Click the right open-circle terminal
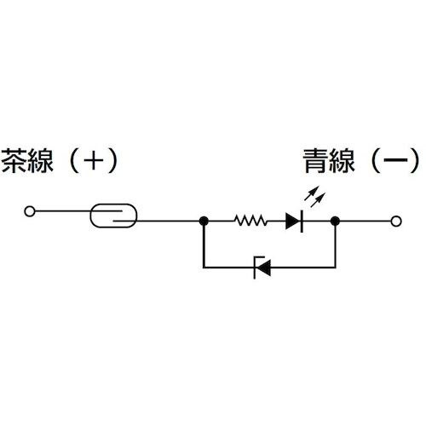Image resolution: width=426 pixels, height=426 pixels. point(395,222)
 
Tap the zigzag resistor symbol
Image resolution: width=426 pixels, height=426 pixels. point(251,222)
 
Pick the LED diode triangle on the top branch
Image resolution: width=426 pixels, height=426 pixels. point(294,222)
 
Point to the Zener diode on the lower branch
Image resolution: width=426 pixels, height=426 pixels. point(262,268)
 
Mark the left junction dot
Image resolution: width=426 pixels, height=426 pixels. point(204,222)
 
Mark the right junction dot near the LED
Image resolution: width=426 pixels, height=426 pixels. point(337,222)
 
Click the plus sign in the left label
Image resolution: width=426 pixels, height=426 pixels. point(90,160)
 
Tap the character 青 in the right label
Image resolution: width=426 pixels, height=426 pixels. point(316,160)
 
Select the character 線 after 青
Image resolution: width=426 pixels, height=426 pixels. point(345,160)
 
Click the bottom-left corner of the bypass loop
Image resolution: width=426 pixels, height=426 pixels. point(204,268)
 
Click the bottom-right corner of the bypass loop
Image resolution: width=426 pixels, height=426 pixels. point(337,268)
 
